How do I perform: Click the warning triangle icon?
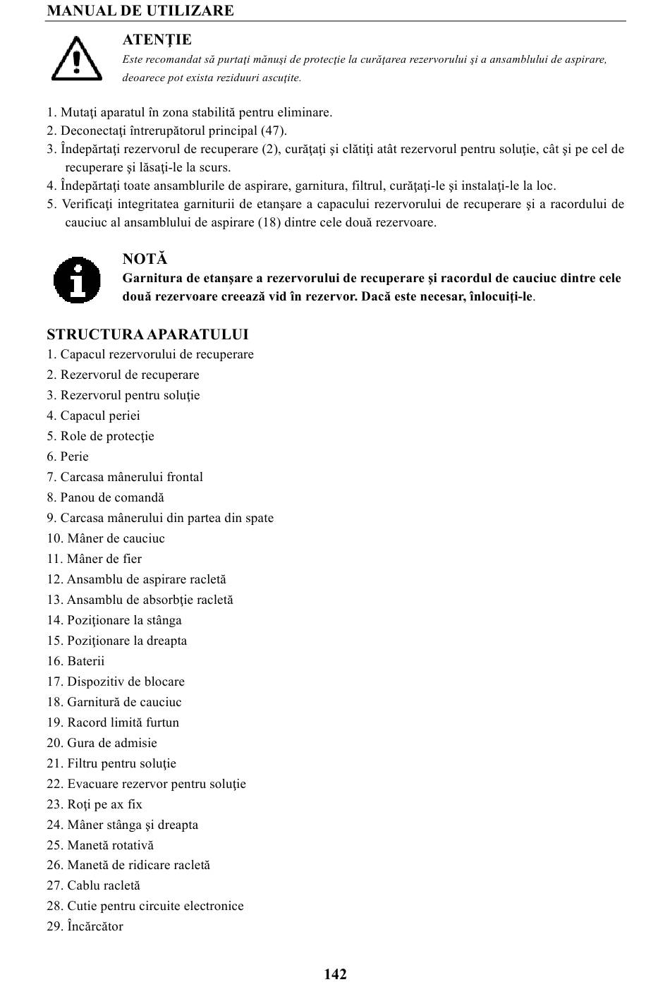click(x=76, y=58)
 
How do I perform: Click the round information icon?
click(x=77, y=279)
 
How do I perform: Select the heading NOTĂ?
click(x=145, y=260)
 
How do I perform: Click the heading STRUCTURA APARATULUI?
click(x=147, y=334)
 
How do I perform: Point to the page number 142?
click(x=336, y=974)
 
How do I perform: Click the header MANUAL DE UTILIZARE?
click(x=140, y=11)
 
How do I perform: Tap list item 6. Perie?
click(x=68, y=456)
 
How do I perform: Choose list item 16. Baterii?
click(x=75, y=661)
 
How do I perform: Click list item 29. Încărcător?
click(x=85, y=926)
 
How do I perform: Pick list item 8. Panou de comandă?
click(x=105, y=497)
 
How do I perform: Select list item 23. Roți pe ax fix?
click(x=95, y=804)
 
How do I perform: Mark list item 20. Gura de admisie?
click(x=102, y=743)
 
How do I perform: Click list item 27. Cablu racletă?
click(x=93, y=885)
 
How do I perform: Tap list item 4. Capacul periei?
click(x=93, y=416)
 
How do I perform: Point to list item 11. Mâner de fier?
click(x=94, y=559)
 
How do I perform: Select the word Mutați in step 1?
click(x=77, y=113)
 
